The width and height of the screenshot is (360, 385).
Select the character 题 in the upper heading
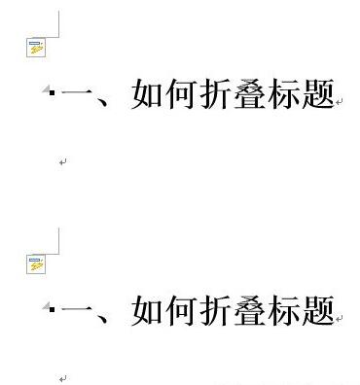(x=317, y=95)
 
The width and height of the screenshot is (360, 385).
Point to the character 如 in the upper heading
(x=147, y=95)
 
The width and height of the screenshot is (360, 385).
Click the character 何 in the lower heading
(x=181, y=312)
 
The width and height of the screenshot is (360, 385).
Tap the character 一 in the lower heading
(x=79, y=312)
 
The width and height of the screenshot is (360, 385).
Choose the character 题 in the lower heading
(x=317, y=312)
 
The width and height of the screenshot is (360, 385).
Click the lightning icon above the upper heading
(x=36, y=46)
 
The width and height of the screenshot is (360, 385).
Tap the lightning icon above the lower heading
(x=36, y=262)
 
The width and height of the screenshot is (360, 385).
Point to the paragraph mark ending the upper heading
(x=340, y=101)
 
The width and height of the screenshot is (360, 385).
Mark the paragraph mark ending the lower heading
(x=340, y=318)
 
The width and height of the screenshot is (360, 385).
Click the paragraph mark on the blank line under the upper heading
(x=62, y=162)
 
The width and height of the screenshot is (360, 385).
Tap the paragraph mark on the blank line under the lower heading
(x=62, y=378)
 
